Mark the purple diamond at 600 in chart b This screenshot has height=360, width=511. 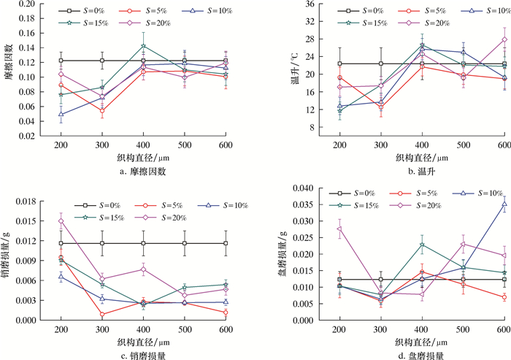504,39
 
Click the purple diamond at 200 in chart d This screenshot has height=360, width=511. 339,229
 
